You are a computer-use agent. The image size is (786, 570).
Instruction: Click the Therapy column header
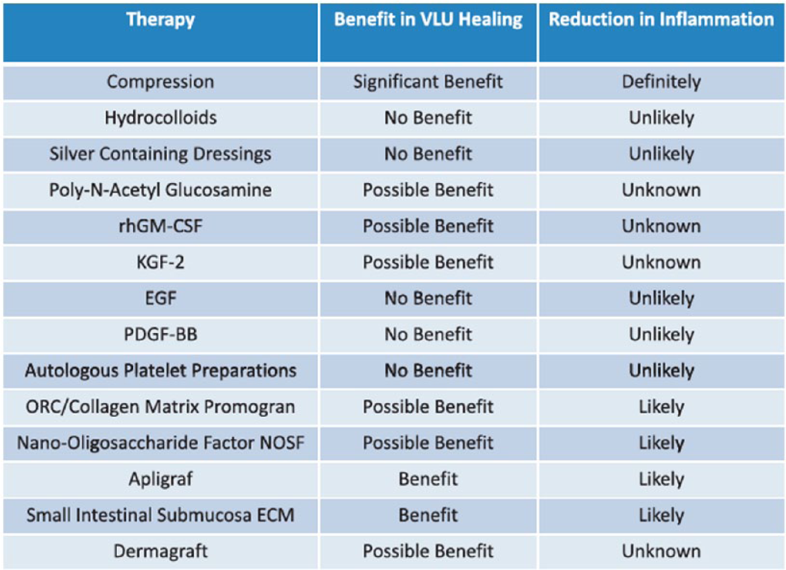tap(160, 20)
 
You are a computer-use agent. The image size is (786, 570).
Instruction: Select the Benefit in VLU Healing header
tap(428, 19)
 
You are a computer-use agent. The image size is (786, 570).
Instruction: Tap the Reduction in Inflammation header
tap(661, 19)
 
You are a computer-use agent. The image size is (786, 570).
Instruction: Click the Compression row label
tap(160, 82)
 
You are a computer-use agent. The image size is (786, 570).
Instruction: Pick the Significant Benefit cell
tap(428, 82)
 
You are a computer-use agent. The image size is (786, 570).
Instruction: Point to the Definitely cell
tap(661, 82)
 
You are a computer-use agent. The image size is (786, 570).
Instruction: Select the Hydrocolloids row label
tap(160, 118)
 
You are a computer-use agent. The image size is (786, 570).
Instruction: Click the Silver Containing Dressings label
tap(160, 154)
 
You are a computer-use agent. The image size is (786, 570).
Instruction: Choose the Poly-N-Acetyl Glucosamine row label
tap(160, 190)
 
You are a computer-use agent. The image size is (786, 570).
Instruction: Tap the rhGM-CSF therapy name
tap(160, 226)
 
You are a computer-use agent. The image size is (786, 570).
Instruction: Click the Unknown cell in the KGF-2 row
tap(661, 262)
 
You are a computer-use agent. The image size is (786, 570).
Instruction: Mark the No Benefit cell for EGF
tap(428, 299)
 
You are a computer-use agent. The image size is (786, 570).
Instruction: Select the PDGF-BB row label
tap(160, 334)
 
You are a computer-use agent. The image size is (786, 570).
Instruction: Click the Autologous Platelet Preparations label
tap(160, 371)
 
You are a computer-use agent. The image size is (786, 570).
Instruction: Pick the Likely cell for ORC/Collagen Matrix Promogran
tap(661, 407)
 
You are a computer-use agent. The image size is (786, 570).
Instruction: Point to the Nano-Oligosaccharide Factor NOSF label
tap(160, 443)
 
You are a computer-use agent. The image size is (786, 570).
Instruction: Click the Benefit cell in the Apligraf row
tap(428, 479)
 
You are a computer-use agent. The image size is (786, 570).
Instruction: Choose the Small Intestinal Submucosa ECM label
tap(160, 516)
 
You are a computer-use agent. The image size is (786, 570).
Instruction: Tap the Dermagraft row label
tap(160, 551)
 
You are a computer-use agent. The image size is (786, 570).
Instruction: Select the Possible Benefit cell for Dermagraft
tap(428, 551)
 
